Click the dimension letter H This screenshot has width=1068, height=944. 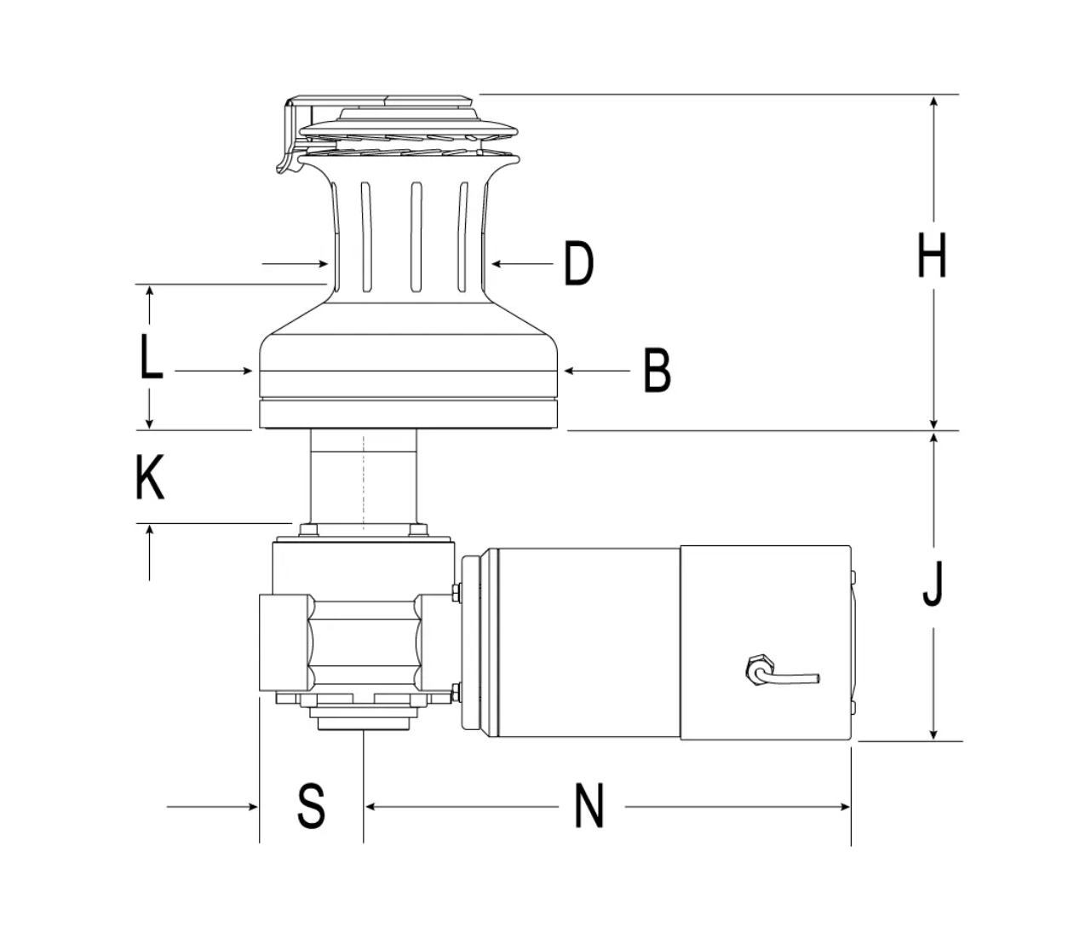(932, 256)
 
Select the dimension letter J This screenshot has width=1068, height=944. (933, 584)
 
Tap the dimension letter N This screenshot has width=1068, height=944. (589, 805)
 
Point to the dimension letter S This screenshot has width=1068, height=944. (311, 805)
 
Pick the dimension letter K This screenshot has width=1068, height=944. (150, 477)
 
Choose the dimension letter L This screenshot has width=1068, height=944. (152, 356)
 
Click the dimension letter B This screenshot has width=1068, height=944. (657, 371)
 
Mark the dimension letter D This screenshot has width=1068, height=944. (579, 263)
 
